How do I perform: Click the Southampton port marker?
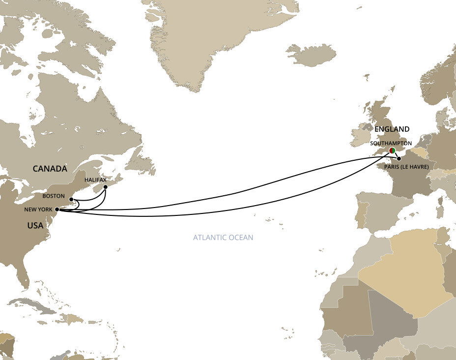(392, 150)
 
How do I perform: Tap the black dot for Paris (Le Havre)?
(399, 159)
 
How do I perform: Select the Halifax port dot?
(105, 187)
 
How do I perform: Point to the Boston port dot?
(72, 200)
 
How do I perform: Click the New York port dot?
(57, 210)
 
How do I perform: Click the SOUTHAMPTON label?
(391, 143)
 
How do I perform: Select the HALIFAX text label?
(95, 180)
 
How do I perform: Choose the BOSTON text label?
(54, 195)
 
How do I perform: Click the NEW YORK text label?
(38, 210)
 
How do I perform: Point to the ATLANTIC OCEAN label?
(223, 238)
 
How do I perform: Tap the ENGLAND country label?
(392, 129)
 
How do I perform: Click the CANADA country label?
(50, 169)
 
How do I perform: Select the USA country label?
(35, 226)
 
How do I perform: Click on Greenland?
(211, 34)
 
